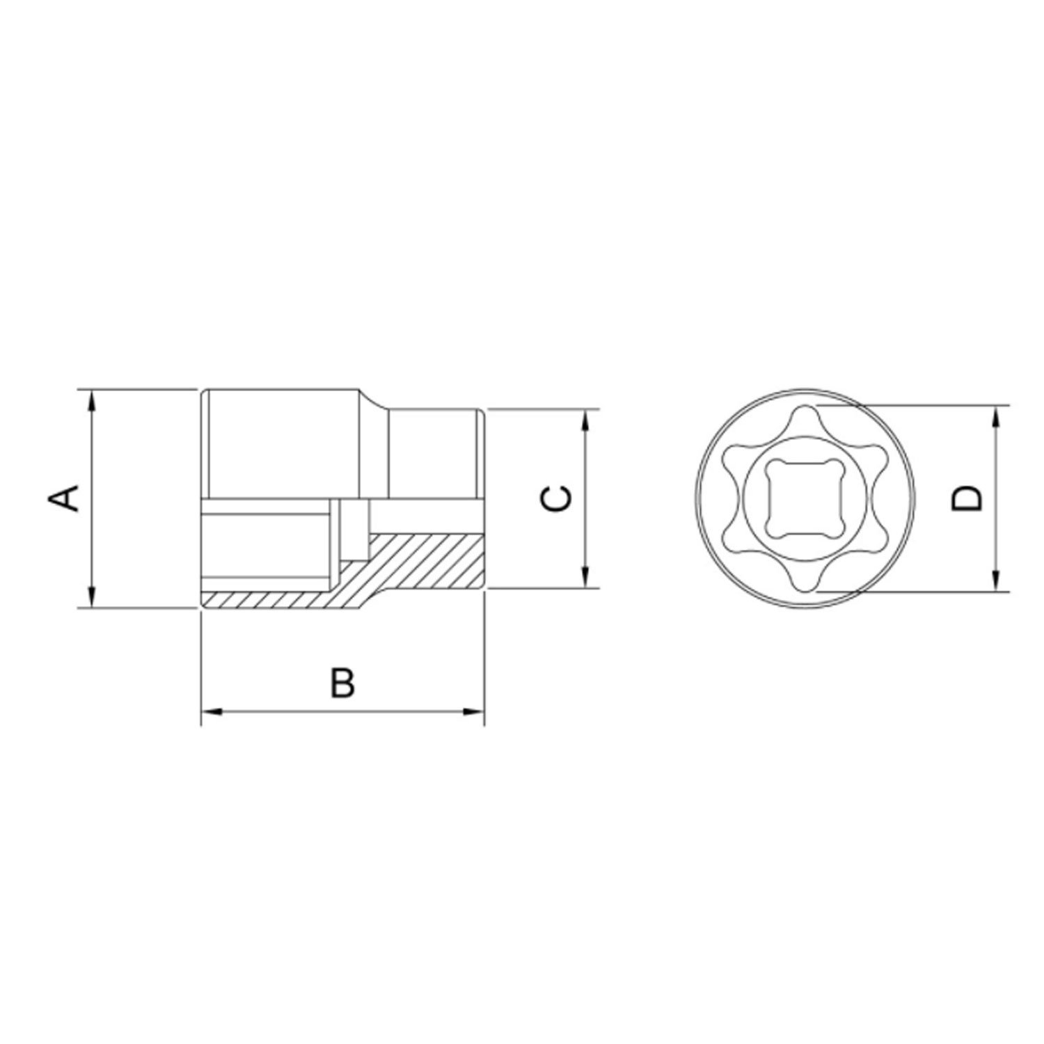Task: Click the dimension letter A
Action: click(63, 498)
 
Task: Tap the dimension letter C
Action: click(557, 499)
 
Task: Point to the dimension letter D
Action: click(967, 498)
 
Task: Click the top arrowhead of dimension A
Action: click(91, 400)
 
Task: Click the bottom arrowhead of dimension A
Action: click(91, 598)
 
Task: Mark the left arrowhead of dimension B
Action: click(211, 711)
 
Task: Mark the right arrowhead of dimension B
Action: click(474, 711)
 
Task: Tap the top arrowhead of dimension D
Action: click(997, 416)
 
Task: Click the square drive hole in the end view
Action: click(805, 499)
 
